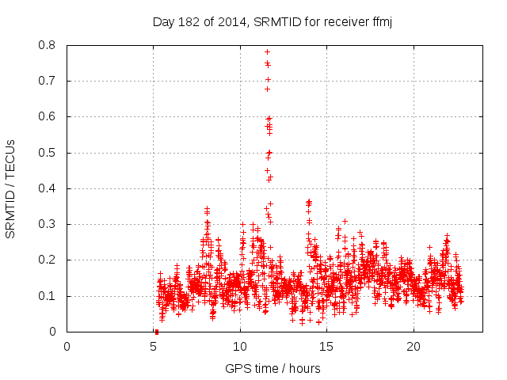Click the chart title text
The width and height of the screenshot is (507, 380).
pyautogui.click(x=273, y=21)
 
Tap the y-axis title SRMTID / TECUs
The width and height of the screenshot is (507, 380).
pyautogui.click(x=11, y=188)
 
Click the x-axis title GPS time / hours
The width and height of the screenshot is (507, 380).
pyautogui.click(x=273, y=368)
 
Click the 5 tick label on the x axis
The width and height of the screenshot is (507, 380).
pyautogui.click(x=154, y=347)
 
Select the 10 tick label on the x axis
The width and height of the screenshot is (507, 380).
pyautogui.click(x=240, y=347)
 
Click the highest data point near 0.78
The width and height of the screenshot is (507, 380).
pyautogui.click(x=267, y=51)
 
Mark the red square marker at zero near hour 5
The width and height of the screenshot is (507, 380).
pyautogui.click(x=156, y=332)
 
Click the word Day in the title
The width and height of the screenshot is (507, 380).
pyautogui.click(x=162, y=21)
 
